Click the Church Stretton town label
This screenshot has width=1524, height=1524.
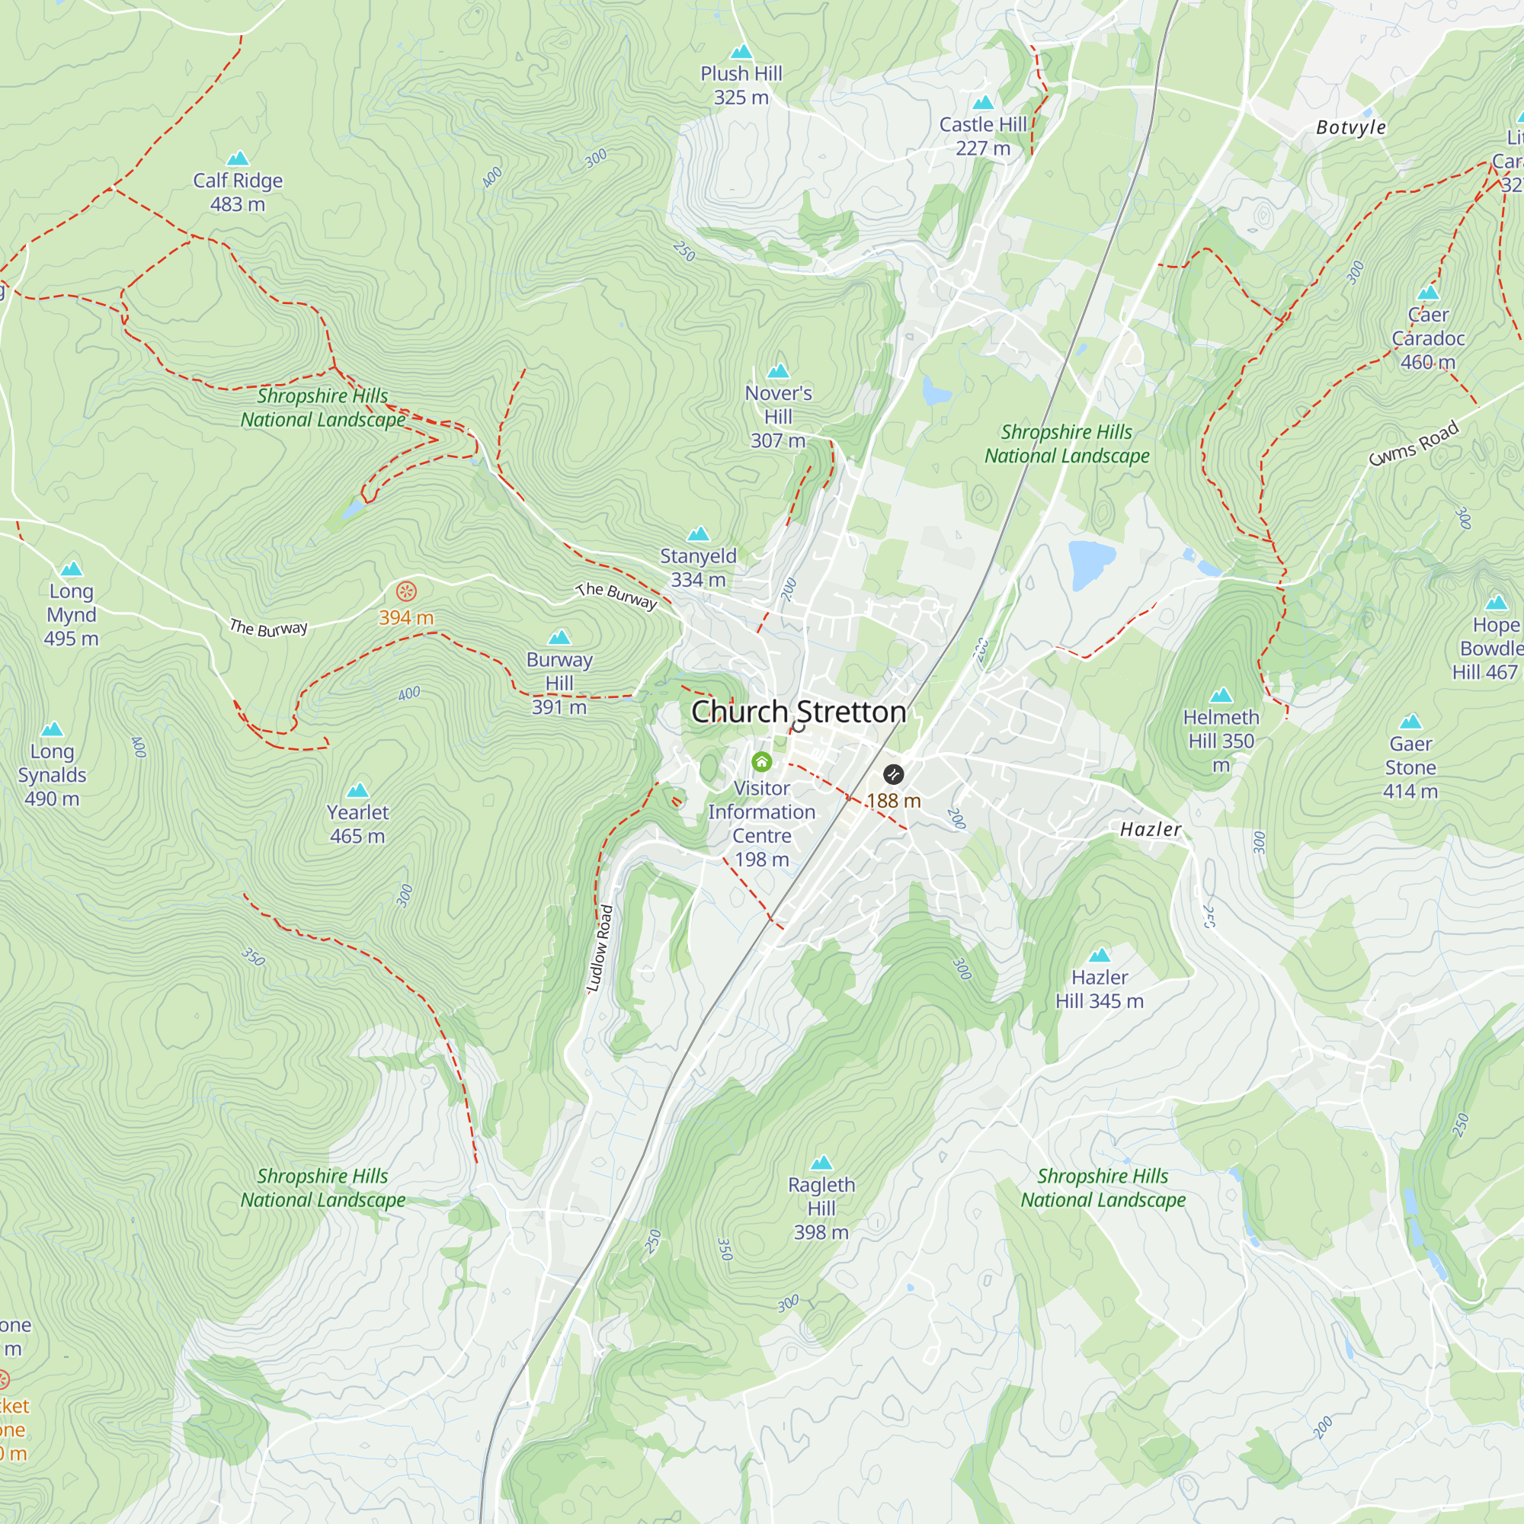point(799,712)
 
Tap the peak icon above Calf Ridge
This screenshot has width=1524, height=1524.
point(238,158)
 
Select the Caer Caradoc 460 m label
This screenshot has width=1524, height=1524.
point(1428,338)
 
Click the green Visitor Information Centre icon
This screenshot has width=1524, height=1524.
point(761,761)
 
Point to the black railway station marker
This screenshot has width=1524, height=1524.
point(893,774)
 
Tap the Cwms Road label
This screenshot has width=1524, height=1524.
point(1414,444)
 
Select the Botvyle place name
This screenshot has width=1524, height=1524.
point(1350,128)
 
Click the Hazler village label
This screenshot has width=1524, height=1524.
point(1150,829)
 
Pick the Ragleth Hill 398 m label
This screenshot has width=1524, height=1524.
point(821,1208)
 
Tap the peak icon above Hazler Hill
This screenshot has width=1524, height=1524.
point(1099,956)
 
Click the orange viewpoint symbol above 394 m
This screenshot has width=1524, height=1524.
point(406,591)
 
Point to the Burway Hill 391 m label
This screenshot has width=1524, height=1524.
point(559,682)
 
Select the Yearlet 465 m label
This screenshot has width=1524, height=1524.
point(357,824)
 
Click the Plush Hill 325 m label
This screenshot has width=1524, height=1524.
point(741,85)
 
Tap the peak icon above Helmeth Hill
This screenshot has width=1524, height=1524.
point(1221,695)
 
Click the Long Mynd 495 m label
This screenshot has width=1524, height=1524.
point(71,614)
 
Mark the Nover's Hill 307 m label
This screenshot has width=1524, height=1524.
point(778,417)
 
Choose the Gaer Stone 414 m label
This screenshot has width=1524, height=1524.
point(1410,767)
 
